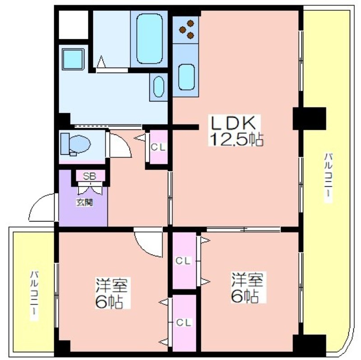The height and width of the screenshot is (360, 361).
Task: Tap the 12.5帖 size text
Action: (x=236, y=139)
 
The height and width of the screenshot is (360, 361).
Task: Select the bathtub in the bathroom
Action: (x=149, y=39)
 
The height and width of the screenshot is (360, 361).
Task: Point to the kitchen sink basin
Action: (x=186, y=77)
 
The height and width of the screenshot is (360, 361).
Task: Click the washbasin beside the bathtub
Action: (x=159, y=87)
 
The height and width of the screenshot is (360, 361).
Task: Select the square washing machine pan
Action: (x=73, y=59)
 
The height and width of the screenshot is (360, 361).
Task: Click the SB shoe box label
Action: (x=89, y=176)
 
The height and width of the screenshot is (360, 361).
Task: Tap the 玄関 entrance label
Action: (x=85, y=203)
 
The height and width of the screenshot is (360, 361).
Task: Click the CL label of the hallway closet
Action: (x=158, y=148)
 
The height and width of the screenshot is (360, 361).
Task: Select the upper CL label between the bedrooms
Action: (x=183, y=261)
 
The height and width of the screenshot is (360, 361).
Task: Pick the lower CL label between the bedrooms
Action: (x=184, y=323)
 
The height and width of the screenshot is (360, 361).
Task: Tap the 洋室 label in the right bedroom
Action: (x=247, y=279)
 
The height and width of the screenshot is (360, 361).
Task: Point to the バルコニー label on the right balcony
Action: (x=328, y=177)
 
